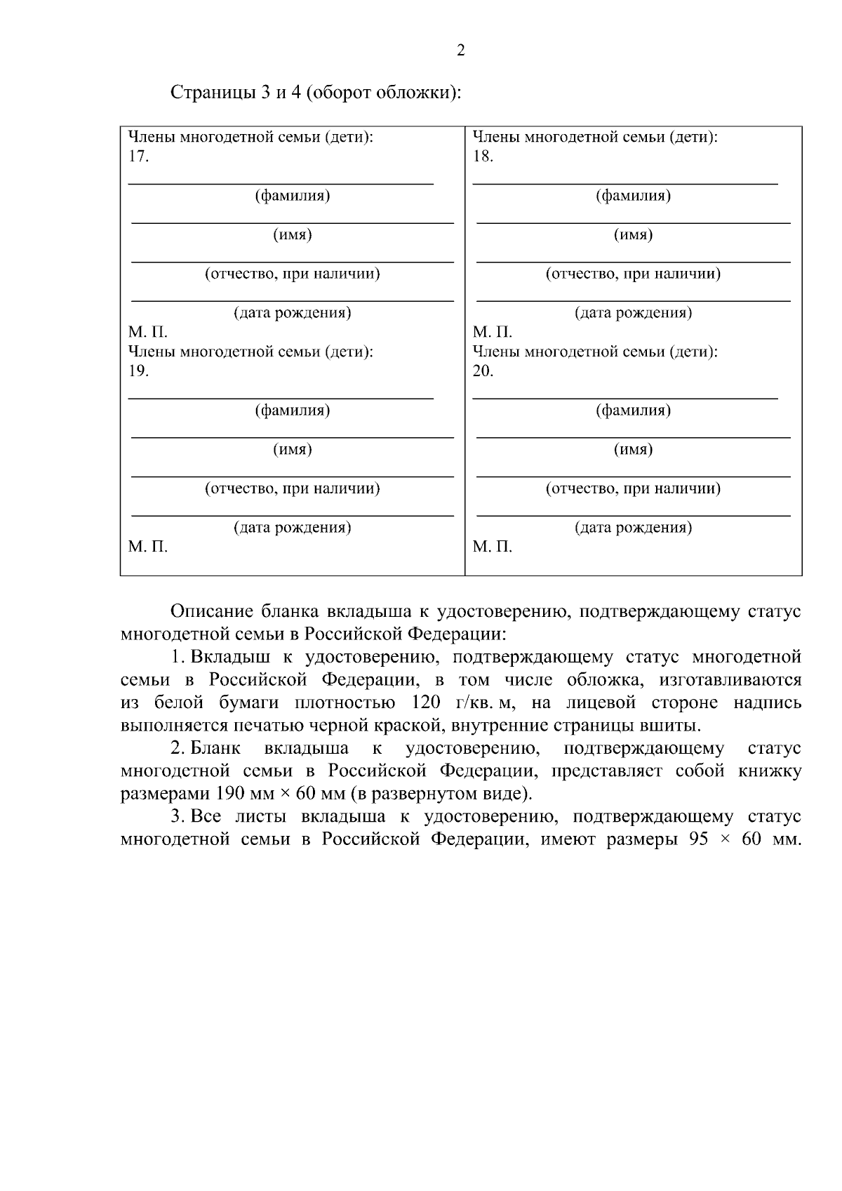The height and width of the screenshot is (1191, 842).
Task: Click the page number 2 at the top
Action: tap(460, 51)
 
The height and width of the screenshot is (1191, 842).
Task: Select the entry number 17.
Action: tap(138, 157)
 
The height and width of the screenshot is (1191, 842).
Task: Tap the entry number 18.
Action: tap(483, 157)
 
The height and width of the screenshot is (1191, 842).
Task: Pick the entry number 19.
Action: tap(138, 371)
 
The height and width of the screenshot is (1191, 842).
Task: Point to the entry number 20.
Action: tap(483, 371)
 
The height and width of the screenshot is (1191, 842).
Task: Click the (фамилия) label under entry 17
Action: tap(293, 196)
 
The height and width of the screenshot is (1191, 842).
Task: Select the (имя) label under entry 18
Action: tap(633, 235)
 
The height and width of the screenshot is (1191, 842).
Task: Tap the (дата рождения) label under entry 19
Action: tap(293, 528)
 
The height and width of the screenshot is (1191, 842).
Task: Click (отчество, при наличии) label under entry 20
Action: tap(633, 488)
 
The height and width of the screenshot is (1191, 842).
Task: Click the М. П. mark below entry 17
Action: tap(147, 332)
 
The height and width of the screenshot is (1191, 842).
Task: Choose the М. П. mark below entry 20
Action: tap(492, 547)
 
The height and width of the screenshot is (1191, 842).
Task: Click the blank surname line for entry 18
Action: tap(624, 182)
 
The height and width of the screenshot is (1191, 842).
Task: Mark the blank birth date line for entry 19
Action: tap(293, 514)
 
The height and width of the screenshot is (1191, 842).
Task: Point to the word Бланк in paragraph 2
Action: tap(215, 749)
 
